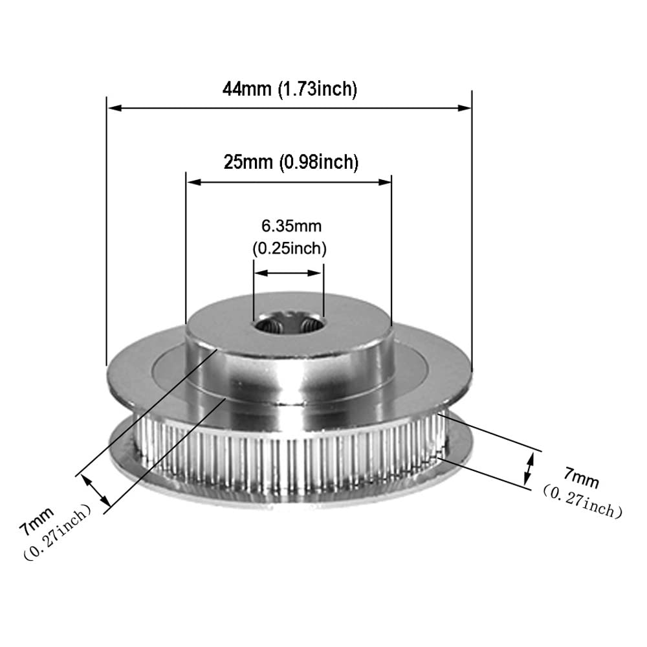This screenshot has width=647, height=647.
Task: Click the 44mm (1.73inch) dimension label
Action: click(x=289, y=89)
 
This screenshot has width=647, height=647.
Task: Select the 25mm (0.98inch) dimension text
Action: click(x=291, y=162)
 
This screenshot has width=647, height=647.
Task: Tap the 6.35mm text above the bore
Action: click(x=291, y=226)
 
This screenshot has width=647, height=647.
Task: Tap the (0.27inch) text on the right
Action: click(x=582, y=501)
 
